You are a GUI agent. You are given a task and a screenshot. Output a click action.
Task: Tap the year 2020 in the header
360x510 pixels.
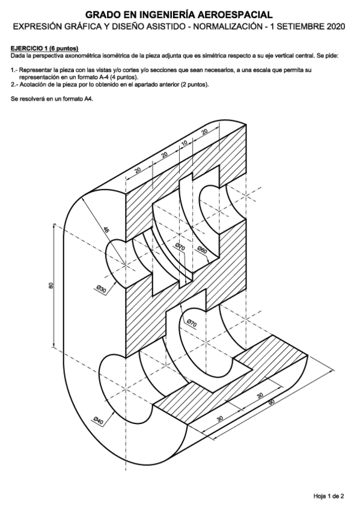click(x=336, y=26)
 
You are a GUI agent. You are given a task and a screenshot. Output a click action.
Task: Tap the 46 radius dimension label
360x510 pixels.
click(x=106, y=230)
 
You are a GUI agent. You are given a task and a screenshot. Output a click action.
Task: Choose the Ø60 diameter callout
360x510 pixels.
click(x=202, y=250)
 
